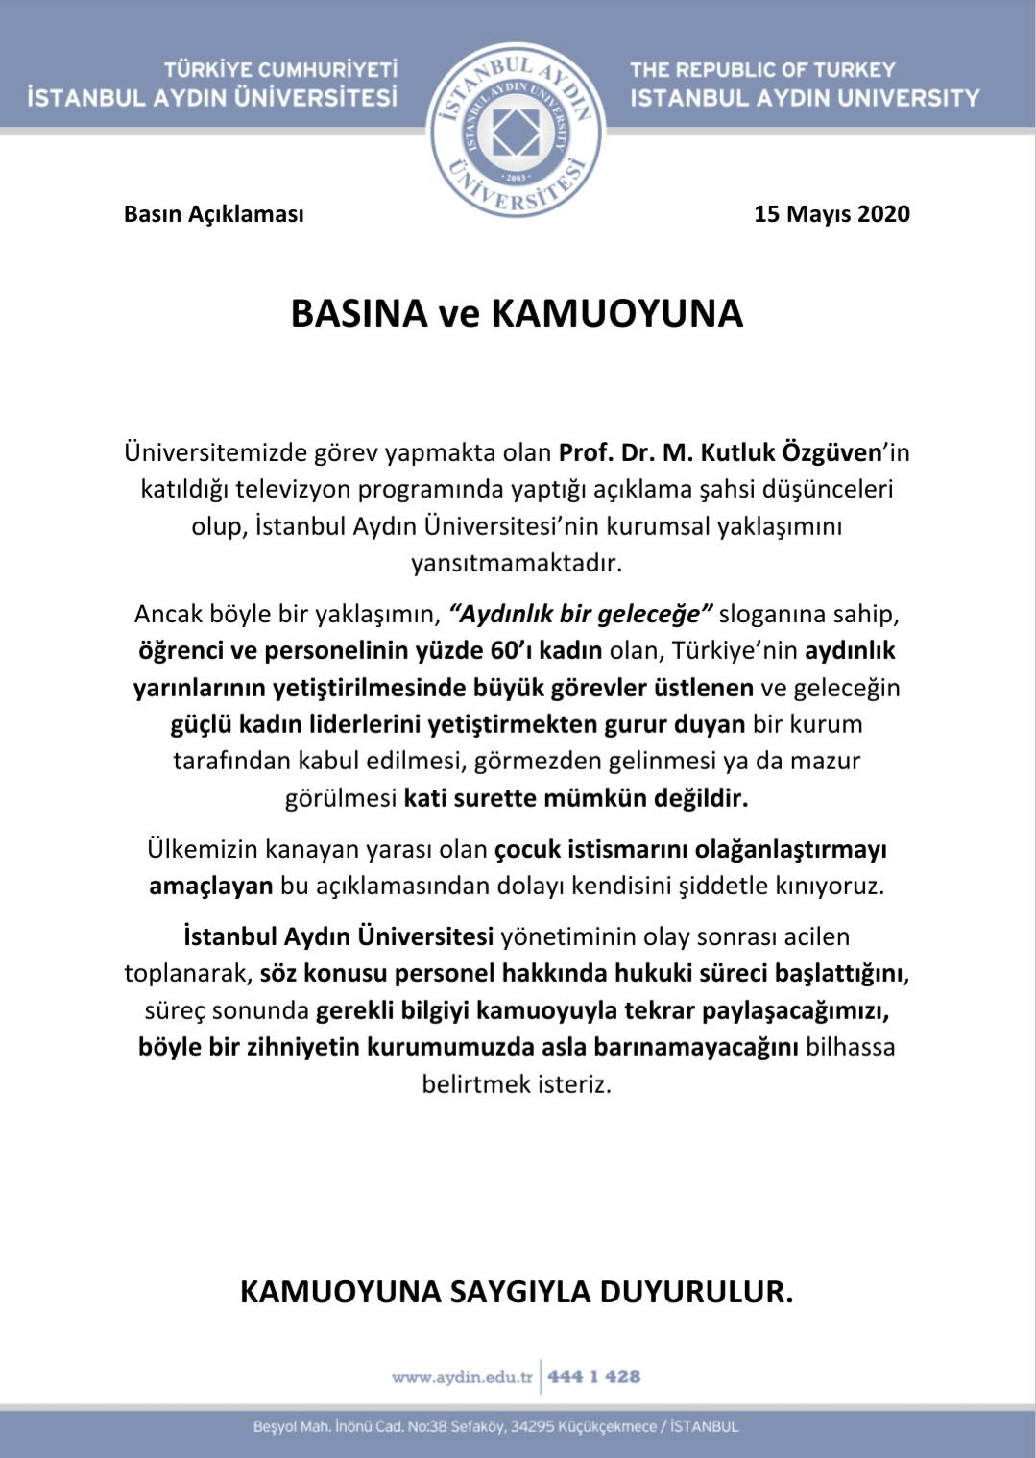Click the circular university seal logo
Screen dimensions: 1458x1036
(x=516, y=130)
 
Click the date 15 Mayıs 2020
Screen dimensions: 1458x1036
(x=831, y=213)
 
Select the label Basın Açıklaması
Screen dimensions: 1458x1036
(x=213, y=214)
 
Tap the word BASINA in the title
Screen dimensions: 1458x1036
(x=358, y=314)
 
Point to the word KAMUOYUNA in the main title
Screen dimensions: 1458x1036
(x=617, y=314)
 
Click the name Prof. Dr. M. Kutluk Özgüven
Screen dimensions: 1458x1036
(x=720, y=451)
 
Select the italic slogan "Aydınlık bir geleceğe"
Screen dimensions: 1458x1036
(x=581, y=614)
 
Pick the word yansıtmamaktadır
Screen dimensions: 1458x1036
(x=517, y=562)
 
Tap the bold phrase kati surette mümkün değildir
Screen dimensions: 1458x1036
(x=575, y=797)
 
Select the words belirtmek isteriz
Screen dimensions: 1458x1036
(x=517, y=1083)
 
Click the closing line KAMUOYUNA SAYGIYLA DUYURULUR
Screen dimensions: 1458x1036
(x=517, y=1292)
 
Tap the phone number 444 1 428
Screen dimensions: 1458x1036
(x=593, y=1377)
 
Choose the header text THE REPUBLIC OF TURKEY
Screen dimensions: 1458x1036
(x=762, y=69)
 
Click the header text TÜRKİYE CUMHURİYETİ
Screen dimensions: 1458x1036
(x=280, y=69)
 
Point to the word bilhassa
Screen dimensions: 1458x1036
(x=851, y=1047)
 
